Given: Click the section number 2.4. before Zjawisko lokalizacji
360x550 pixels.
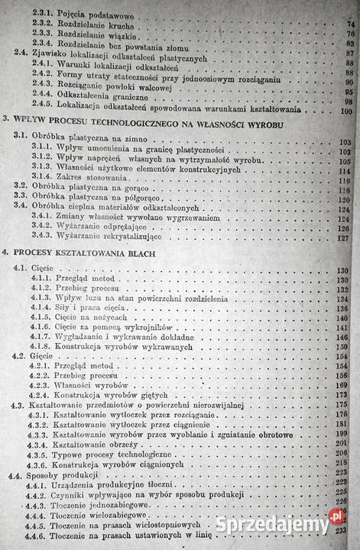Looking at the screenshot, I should pyautogui.click(x=23, y=54).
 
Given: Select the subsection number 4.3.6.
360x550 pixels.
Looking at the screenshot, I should pyautogui.click(x=47, y=465).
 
